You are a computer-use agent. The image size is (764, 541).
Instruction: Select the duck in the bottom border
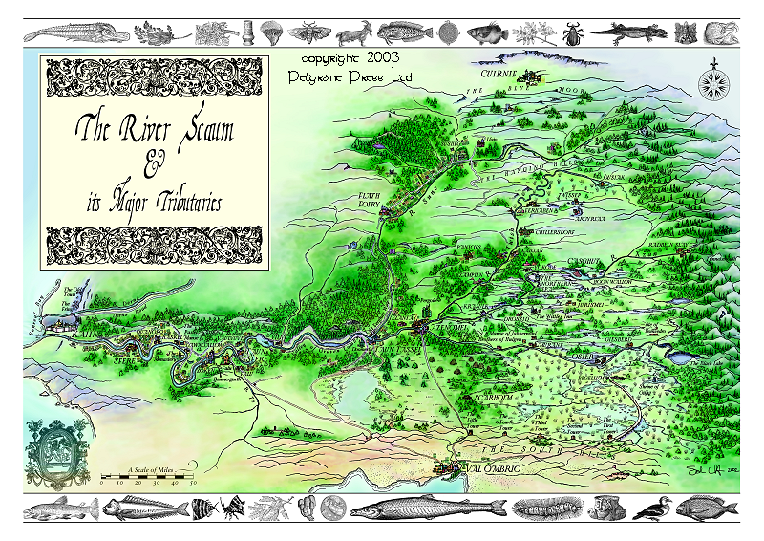click(x=651, y=509)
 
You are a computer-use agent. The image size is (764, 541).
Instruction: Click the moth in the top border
click(x=310, y=33)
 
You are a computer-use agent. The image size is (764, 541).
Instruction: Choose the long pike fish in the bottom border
click(x=415, y=508)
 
